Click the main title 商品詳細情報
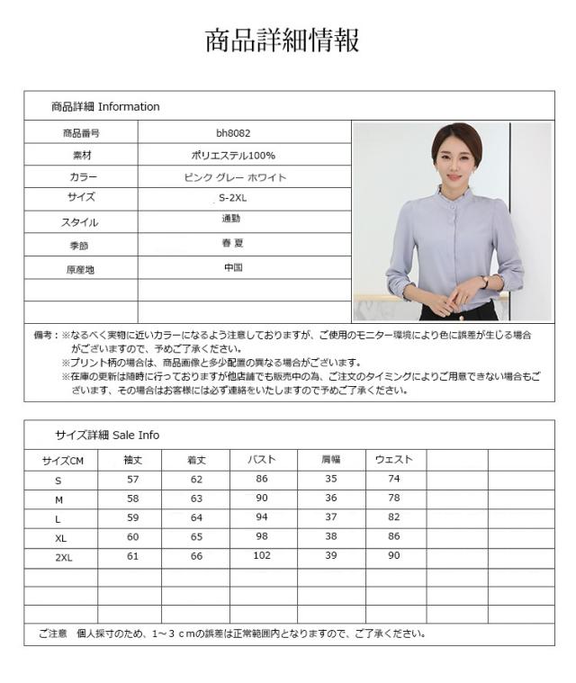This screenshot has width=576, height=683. [283, 41]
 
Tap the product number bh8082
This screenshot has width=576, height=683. [233, 132]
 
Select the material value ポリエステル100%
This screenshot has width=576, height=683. [233, 155]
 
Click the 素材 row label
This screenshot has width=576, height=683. [82, 155]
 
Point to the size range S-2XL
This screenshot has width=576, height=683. [233, 198]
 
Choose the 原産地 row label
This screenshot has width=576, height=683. [80, 269]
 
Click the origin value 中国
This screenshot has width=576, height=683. [233, 268]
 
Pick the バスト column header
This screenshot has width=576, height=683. [262, 460]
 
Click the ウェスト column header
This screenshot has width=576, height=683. [393, 460]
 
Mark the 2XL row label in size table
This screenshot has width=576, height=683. [63, 558]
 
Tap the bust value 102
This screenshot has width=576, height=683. [262, 556]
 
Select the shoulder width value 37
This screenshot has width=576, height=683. [330, 517]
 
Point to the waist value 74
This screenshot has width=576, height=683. [393, 480]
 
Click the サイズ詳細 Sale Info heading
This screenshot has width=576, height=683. [107, 436]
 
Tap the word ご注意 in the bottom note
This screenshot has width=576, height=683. [52, 634]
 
